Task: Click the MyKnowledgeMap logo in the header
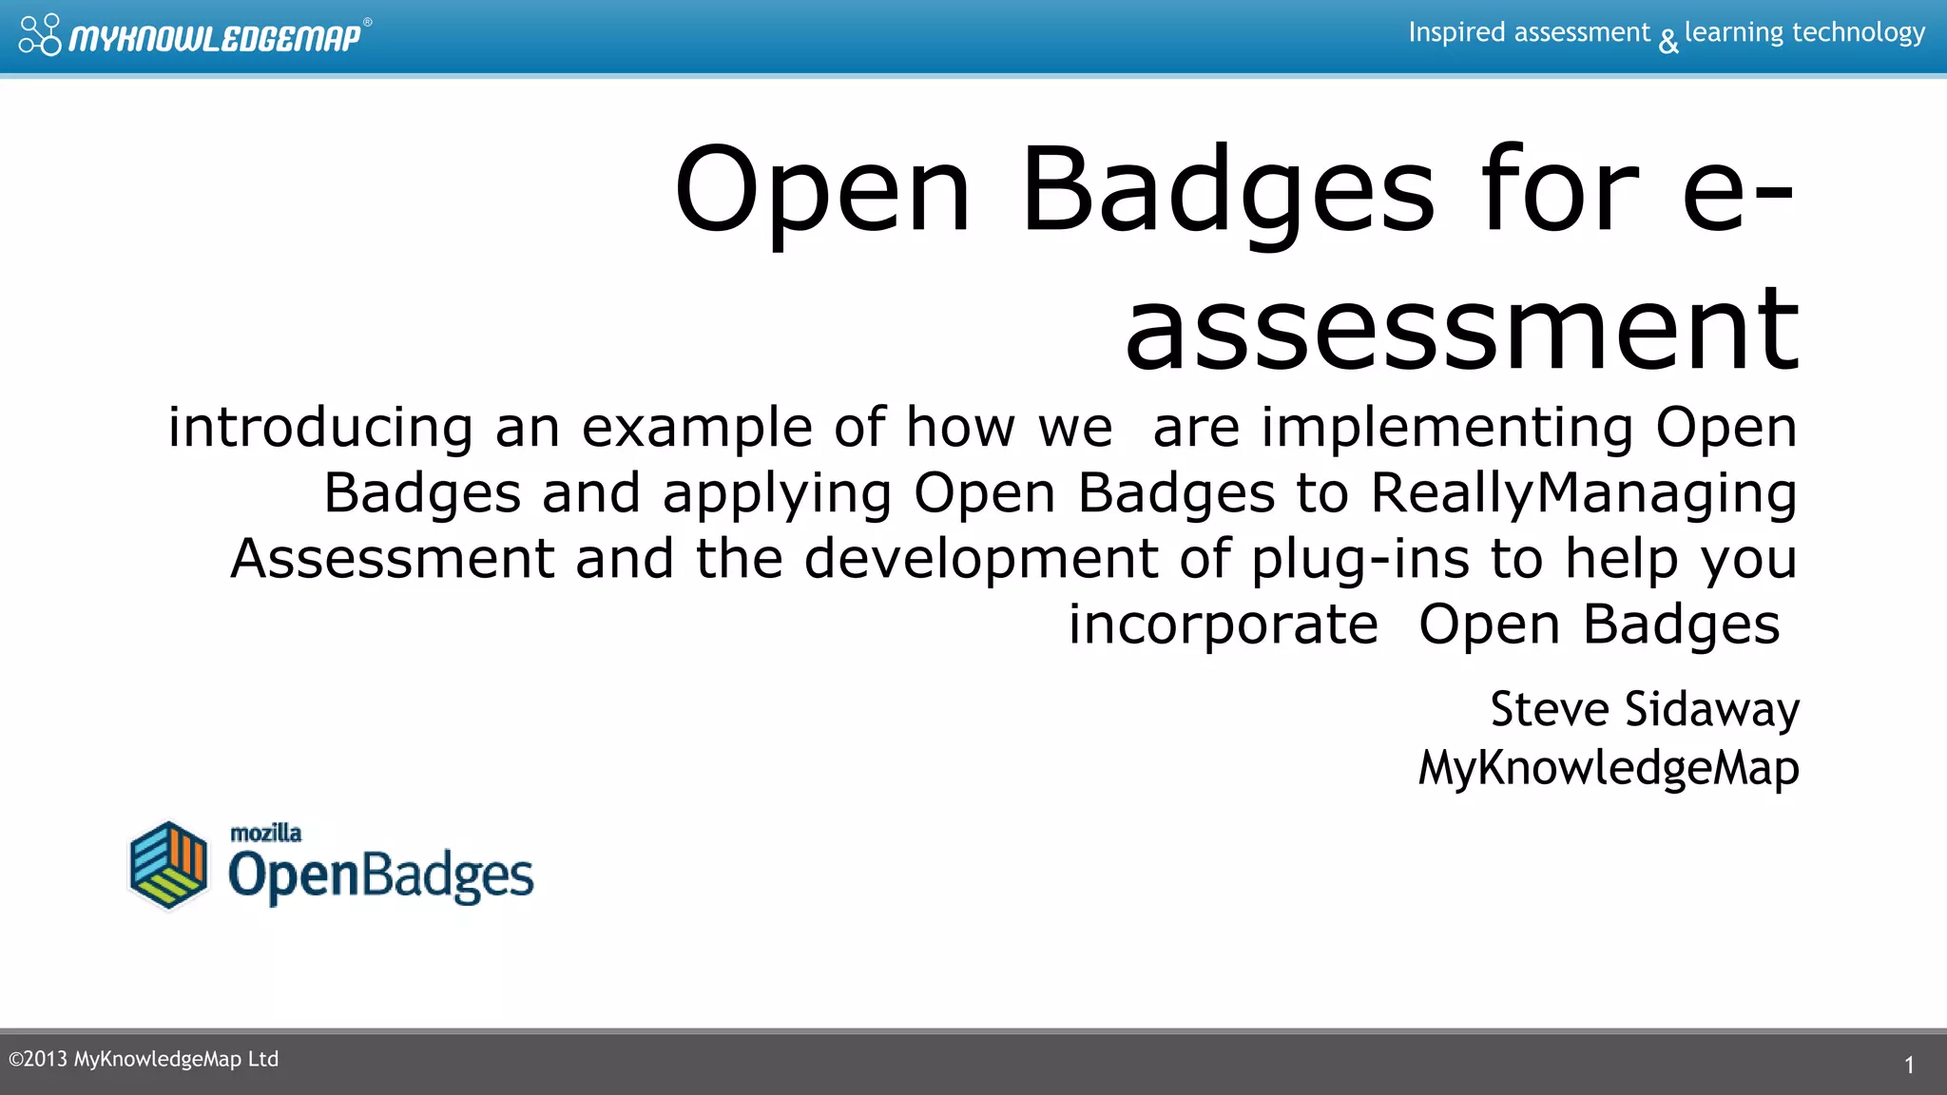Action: [195, 36]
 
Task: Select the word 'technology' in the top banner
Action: [1858, 33]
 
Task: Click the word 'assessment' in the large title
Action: [1461, 330]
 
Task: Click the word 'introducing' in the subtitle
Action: [319, 428]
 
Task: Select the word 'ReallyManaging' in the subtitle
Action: [1583, 493]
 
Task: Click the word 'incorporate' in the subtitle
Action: [1223, 625]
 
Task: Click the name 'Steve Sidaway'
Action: [1644, 710]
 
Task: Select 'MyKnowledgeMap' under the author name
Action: [1608, 768]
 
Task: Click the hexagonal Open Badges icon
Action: [169, 865]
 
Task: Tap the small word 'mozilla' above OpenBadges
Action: [266, 834]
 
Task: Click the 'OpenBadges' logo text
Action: [380, 875]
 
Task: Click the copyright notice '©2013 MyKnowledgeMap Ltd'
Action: [144, 1060]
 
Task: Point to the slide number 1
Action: [1909, 1066]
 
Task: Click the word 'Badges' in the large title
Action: [1226, 189]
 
